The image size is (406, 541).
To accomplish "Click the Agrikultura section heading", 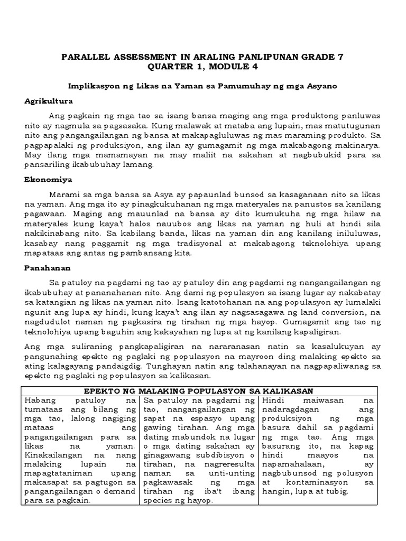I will (x=49, y=100).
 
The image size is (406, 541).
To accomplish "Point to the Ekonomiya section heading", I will (x=45, y=180).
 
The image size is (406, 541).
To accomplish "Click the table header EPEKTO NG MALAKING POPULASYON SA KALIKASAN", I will (x=202, y=390).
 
